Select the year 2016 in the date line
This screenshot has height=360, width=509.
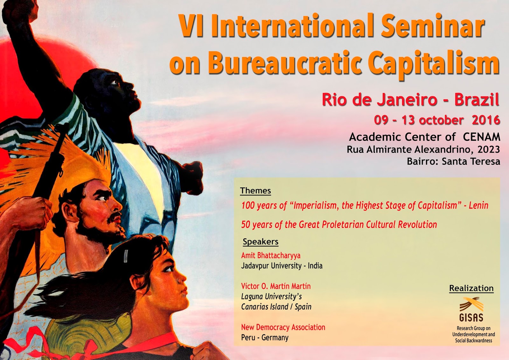486,120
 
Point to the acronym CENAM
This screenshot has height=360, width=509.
481,137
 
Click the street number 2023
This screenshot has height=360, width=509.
489,149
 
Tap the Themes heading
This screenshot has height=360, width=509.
255,191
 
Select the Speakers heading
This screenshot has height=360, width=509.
261,242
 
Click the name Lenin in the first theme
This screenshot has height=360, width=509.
478,206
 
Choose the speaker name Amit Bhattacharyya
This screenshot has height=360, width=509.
271,255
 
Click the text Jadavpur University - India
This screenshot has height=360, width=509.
282,266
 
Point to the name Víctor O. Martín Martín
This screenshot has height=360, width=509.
276,286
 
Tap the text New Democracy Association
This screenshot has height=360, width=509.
283,327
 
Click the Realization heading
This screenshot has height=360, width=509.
471,288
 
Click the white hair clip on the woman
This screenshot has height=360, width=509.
126,256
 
